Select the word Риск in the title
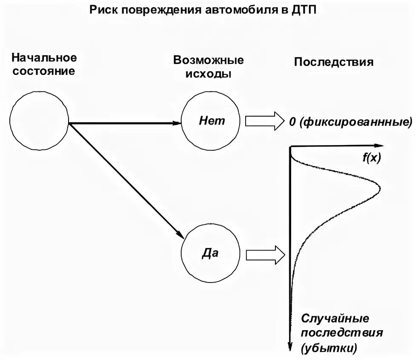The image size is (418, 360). pos(103,9)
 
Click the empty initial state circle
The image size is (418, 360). pos(39,121)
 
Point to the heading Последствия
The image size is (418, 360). pos(334,62)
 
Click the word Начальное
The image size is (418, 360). pos(44,57)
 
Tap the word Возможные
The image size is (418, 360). pos(209,60)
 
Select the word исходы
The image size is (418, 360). pos(209,74)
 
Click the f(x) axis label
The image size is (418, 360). pos(372,158)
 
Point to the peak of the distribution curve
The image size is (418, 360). pos(379,189)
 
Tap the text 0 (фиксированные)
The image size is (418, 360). pos(351,123)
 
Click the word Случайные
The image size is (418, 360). pos(335,318)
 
